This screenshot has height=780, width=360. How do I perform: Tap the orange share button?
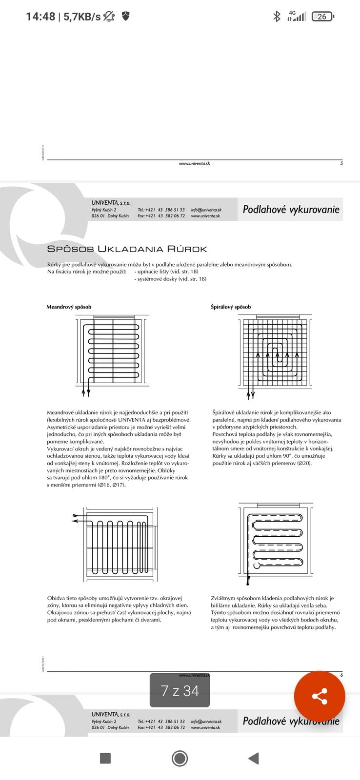click(x=319, y=696)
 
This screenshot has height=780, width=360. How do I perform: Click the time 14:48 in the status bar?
click(x=40, y=17)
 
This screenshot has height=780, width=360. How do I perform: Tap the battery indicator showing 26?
click(x=322, y=17)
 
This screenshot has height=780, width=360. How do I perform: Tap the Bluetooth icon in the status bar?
click(x=277, y=17)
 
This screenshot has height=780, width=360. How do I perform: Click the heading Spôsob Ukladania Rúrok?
click(x=127, y=249)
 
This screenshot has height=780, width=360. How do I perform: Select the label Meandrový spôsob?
click(x=69, y=307)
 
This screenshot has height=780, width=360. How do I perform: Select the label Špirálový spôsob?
click(x=231, y=307)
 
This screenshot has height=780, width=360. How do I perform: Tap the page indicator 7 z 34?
click(x=180, y=691)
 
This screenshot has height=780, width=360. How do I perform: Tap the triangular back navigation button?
click(x=253, y=758)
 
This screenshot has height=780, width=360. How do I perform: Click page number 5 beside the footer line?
click(x=341, y=163)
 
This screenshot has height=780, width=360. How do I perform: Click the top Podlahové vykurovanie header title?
click(x=291, y=210)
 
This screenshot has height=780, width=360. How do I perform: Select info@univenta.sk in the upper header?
click(x=206, y=210)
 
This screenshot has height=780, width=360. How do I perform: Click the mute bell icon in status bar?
click(x=109, y=17)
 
